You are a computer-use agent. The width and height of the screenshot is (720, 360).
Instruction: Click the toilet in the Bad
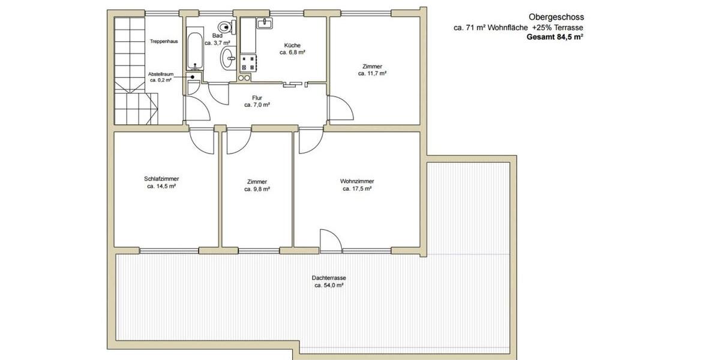point(226,27)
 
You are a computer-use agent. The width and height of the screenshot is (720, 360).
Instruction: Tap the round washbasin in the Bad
point(229,58)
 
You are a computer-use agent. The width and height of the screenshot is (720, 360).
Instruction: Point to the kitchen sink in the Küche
point(264,23)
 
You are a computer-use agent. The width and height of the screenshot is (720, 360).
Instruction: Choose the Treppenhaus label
point(164,42)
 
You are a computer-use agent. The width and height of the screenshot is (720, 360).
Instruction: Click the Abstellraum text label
point(161,74)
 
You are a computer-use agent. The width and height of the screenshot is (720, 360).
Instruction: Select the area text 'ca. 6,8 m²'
point(293,53)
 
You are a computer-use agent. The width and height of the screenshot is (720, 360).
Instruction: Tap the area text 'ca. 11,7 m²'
point(372,73)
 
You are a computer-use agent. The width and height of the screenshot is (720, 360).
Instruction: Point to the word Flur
point(257,97)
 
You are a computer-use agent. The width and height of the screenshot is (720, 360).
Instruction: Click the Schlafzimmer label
point(161,179)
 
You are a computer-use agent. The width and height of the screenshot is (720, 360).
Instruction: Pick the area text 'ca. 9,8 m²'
point(257,189)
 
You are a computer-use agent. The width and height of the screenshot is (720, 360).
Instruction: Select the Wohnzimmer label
point(357,181)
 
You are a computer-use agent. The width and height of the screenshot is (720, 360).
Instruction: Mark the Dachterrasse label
point(329,278)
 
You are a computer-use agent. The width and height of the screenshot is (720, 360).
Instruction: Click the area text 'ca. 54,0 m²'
point(329,286)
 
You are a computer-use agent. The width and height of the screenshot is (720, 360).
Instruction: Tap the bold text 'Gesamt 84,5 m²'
point(555,37)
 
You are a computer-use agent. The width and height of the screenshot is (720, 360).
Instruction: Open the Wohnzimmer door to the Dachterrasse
point(330,240)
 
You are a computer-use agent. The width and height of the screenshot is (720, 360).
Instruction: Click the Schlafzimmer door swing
point(202,142)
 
